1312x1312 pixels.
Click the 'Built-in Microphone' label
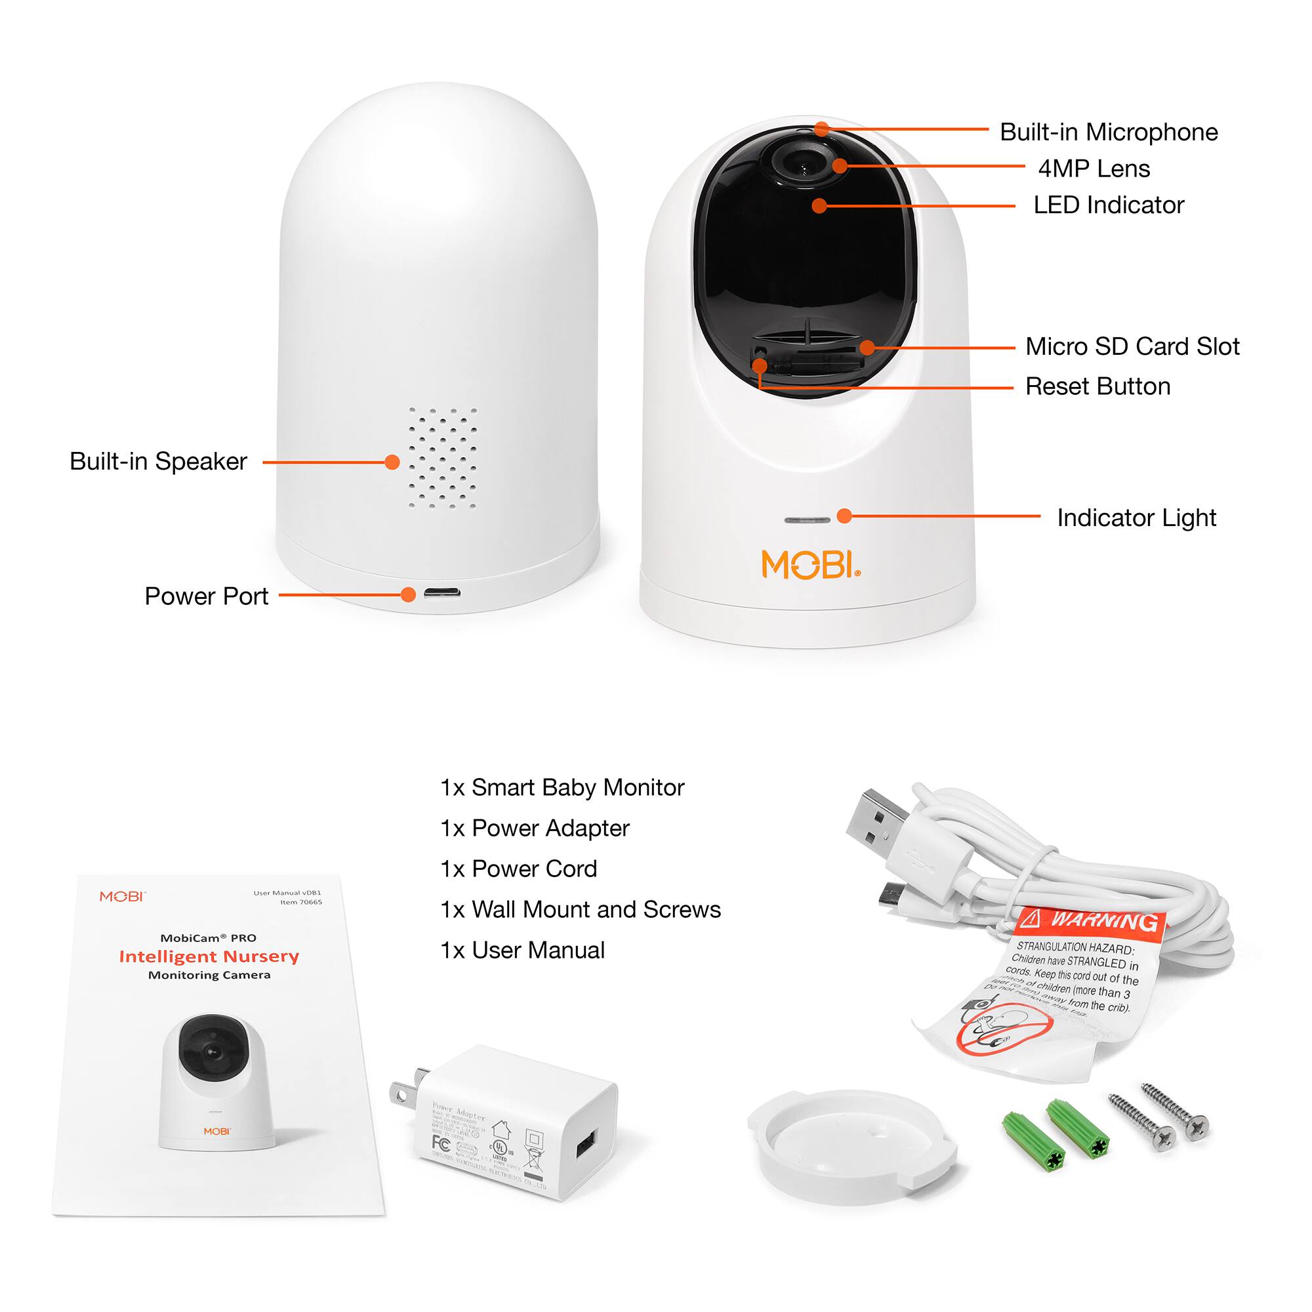pos(1108,133)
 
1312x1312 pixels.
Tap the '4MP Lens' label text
pos(1094,169)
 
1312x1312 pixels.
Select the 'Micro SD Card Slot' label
pos(1132,346)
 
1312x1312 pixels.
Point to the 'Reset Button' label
pos(1097,386)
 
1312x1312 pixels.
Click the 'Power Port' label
pos(207,596)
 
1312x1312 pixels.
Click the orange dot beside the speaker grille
pos(392,462)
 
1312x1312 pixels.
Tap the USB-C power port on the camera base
pos(442,593)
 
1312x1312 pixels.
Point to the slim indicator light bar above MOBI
pos(807,520)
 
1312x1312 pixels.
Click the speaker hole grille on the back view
pos(442,459)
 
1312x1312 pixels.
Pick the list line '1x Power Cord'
pos(519,869)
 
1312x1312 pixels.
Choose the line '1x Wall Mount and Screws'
pos(581,909)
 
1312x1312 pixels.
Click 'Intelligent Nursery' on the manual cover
pos(209,956)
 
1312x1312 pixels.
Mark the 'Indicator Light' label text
pos(1136,518)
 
